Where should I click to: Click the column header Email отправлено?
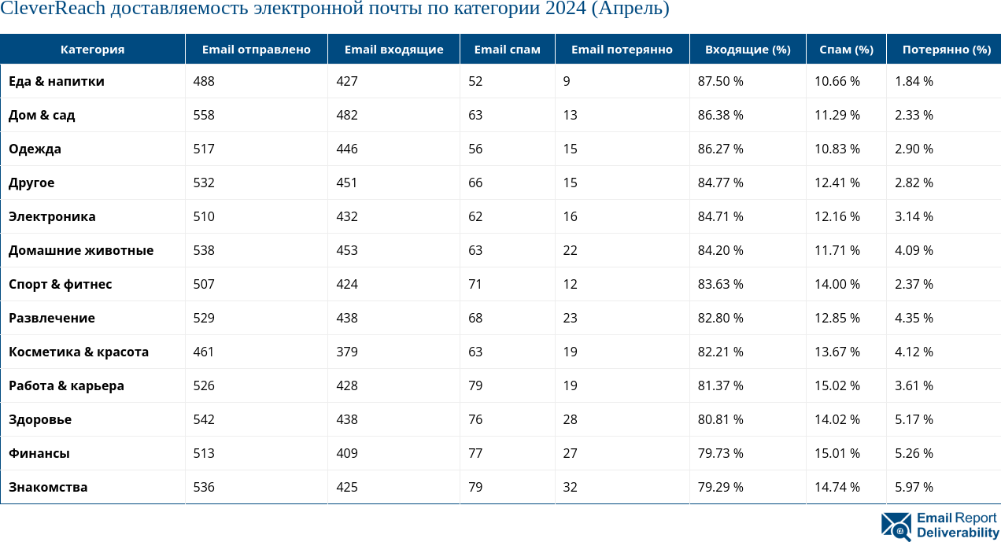pos(256,50)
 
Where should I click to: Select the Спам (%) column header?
pos(846,50)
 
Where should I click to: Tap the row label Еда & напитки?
pos(57,81)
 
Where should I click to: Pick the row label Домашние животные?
pos(81,250)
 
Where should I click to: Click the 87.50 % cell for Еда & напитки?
pos(720,81)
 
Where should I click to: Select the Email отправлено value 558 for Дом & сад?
pos(204,115)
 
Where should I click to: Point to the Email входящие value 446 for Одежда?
pos(346,149)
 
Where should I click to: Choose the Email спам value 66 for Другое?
pos(475,183)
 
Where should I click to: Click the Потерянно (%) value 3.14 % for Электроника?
pos(914,216)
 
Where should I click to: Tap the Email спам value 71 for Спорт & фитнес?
pos(475,284)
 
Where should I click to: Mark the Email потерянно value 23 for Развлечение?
pos(571,318)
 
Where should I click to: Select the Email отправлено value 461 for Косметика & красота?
pos(204,352)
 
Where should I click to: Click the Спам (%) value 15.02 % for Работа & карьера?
pos(837,385)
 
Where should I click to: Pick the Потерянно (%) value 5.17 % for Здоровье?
pos(914,419)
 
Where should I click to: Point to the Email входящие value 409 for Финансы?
pos(346,453)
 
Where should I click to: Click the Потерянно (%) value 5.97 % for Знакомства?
pos(914,487)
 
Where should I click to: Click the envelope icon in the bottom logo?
pos(896,526)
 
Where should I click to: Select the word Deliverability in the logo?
pos(958,533)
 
